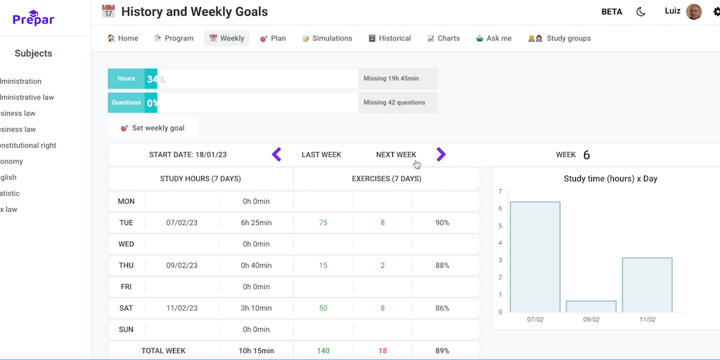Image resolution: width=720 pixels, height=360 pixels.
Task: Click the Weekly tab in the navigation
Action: point(227,39)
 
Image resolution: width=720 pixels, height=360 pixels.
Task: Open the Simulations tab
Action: point(328,39)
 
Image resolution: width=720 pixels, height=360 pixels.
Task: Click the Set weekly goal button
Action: point(153,128)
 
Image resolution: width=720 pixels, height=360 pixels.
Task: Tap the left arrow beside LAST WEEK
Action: point(276,154)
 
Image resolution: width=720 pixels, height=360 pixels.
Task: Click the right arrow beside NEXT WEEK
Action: point(441,154)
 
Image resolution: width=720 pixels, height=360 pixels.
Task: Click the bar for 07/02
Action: point(535,257)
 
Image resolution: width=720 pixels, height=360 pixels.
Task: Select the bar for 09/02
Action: point(591,307)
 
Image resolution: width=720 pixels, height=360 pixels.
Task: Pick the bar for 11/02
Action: point(647,285)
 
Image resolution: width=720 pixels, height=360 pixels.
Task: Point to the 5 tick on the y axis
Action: point(500,226)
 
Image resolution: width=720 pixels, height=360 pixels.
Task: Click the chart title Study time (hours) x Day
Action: point(610,179)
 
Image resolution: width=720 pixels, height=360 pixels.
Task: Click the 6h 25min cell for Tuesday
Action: point(256,223)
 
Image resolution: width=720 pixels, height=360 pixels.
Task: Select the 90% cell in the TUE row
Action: point(442,223)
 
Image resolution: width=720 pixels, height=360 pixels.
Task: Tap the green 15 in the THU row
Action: point(323,266)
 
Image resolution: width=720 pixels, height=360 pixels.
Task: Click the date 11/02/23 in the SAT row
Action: point(181,308)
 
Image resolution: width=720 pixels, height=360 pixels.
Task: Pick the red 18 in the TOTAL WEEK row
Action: point(382,351)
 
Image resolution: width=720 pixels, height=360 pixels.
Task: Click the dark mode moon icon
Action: point(641,12)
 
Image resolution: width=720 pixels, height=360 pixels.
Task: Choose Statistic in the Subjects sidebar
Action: point(10,193)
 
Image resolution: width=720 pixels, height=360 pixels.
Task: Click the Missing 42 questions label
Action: point(394,103)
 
